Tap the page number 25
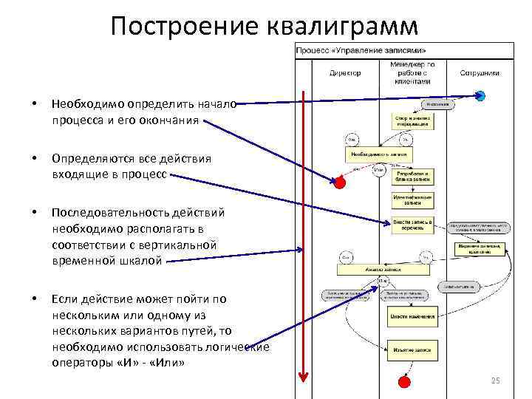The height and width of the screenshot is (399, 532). [x=495, y=381]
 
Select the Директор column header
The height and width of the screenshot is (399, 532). [x=345, y=73]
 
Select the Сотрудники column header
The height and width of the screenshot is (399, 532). [x=480, y=73]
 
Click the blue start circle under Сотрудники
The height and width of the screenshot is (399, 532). [x=480, y=95]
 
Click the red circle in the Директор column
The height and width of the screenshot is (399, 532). [x=340, y=182]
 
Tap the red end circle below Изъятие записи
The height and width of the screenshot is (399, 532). [x=403, y=381]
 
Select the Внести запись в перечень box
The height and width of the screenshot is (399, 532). [x=412, y=224]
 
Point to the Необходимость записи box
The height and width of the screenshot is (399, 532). [x=378, y=154]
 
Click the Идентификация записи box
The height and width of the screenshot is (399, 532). [x=412, y=199]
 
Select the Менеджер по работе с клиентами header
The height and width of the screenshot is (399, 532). [x=412, y=73]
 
